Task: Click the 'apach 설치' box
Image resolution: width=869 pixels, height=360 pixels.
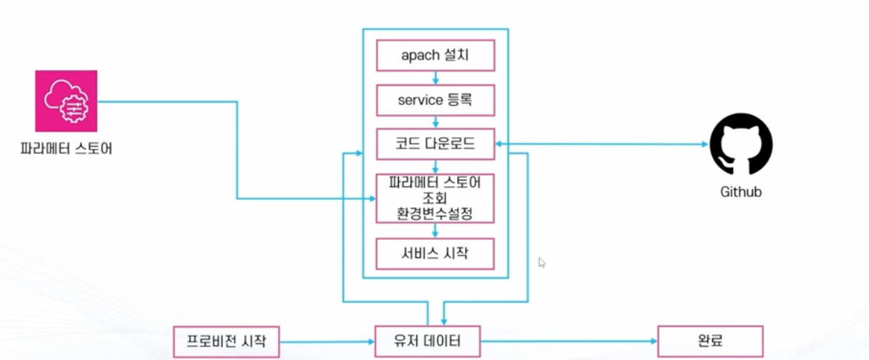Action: [x=436, y=55]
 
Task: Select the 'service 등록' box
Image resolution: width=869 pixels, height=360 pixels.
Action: [x=436, y=100]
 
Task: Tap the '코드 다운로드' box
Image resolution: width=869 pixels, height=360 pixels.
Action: [x=436, y=144]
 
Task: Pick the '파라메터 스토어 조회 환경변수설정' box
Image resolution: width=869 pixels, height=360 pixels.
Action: [x=436, y=198]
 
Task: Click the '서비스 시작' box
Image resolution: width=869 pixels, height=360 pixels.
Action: [x=436, y=253]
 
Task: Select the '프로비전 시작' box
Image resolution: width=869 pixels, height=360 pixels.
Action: [x=226, y=341]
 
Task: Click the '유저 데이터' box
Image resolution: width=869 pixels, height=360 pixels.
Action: [x=428, y=341]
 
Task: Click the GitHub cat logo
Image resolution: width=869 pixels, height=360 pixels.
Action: [x=741, y=144]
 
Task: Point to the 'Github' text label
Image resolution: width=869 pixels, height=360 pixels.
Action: [x=741, y=192]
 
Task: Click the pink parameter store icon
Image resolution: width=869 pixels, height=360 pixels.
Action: [x=66, y=101]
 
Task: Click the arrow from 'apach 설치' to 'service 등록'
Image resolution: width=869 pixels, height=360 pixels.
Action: [x=436, y=78]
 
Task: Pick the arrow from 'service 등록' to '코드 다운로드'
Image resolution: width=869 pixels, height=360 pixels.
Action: [x=436, y=122]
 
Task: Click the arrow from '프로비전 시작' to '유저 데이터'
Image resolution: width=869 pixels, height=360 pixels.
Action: [x=327, y=342]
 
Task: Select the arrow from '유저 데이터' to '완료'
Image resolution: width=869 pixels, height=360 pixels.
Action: [x=568, y=342]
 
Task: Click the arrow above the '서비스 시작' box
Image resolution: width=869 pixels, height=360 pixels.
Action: [x=436, y=231]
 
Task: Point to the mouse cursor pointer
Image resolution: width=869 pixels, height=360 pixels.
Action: [x=543, y=262]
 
